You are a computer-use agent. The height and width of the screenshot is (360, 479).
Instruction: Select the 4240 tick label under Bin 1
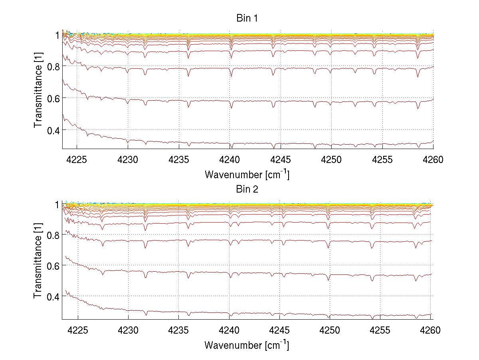230,160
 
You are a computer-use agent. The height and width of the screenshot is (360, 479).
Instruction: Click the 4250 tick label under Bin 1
331,160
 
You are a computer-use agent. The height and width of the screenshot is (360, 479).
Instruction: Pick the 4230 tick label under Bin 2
128,330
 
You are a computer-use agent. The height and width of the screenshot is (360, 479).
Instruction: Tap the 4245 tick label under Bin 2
281,330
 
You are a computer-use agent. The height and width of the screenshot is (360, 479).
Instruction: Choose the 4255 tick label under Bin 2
382,330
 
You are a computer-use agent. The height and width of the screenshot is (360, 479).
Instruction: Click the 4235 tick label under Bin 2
179,330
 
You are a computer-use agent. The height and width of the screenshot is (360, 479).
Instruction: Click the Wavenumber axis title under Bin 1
247,174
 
